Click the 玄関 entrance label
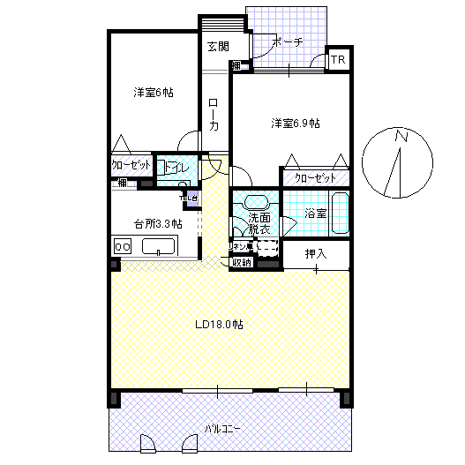[x=218, y=46]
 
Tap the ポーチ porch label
[x=289, y=41]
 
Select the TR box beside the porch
[x=338, y=60]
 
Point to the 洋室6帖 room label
[x=154, y=93]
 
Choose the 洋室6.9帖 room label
[x=295, y=124]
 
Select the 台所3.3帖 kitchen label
[x=158, y=223]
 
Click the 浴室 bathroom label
[x=315, y=214]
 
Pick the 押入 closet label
[x=315, y=254]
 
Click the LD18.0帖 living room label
[x=219, y=324]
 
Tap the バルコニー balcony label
[x=224, y=429]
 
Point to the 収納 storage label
[x=242, y=262]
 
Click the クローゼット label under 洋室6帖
[x=131, y=166]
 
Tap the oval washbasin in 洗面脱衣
[x=256, y=199]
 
